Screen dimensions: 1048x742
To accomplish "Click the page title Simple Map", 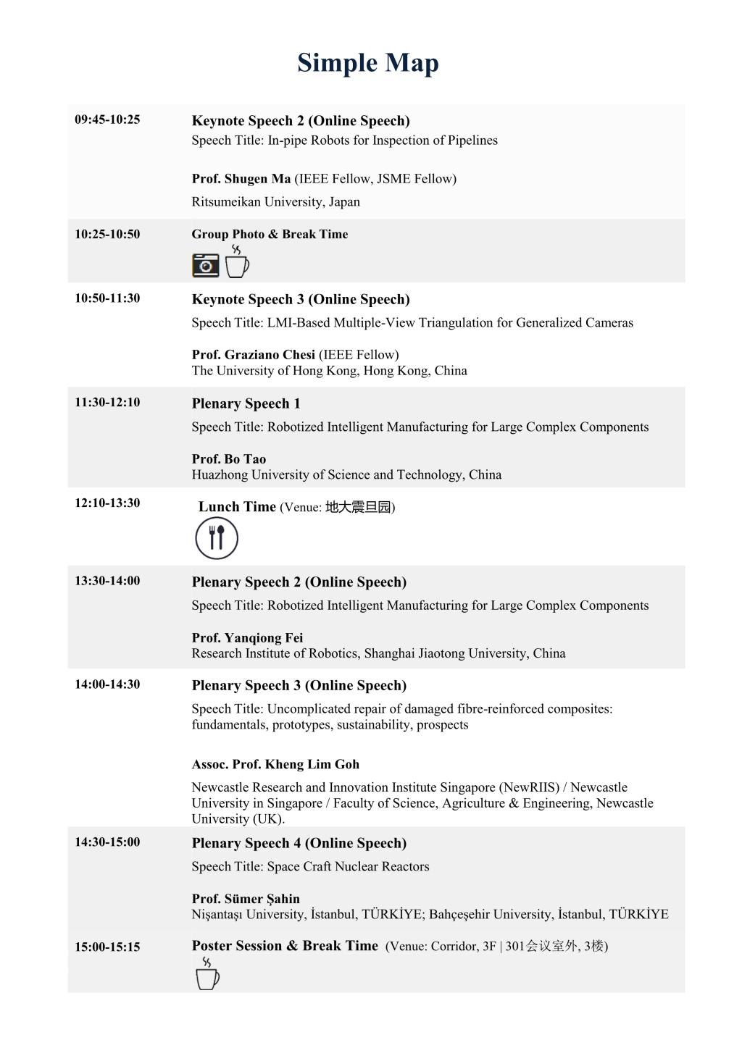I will point(367,63).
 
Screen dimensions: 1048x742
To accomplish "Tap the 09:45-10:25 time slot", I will point(107,120).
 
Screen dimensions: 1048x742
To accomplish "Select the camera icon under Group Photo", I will point(205,265).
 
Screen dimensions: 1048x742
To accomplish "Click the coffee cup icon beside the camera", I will point(236,262).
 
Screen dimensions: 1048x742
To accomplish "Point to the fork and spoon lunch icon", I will point(216,538).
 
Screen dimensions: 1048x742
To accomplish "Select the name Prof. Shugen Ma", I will point(241,179).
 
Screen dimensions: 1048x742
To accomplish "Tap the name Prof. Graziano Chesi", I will point(253,355).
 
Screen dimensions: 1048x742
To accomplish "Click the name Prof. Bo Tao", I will point(228,459).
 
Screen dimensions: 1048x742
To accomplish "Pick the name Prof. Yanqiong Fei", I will point(247,638).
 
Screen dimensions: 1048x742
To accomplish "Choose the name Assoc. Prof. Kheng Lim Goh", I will point(275,764).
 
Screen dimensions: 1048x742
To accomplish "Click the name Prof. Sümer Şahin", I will point(246,899).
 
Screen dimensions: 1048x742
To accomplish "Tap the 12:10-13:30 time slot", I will point(107,503).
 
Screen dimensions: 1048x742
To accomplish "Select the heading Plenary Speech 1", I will point(246,403).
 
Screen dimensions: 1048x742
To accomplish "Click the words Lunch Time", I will point(237,507).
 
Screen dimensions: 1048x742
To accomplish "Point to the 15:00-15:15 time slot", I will point(107,947).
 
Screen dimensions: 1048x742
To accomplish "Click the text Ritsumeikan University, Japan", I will point(275,202).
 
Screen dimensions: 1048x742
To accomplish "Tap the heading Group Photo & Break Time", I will point(270,234).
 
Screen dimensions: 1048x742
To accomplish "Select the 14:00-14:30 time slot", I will point(107,684).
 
